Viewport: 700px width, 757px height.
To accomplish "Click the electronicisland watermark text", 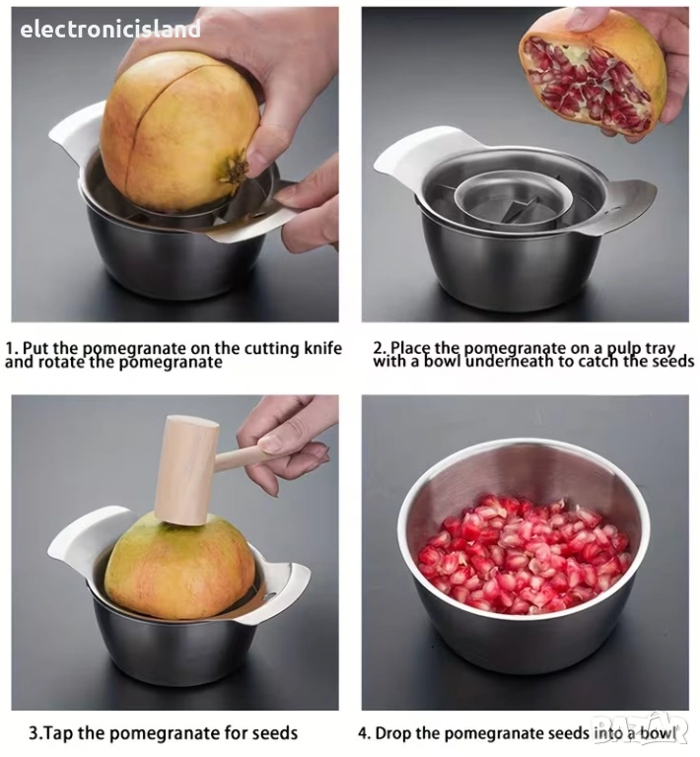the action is [110, 29].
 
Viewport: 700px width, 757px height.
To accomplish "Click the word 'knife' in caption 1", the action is [323, 348].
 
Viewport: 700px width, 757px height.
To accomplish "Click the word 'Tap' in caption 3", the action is [59, 733].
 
